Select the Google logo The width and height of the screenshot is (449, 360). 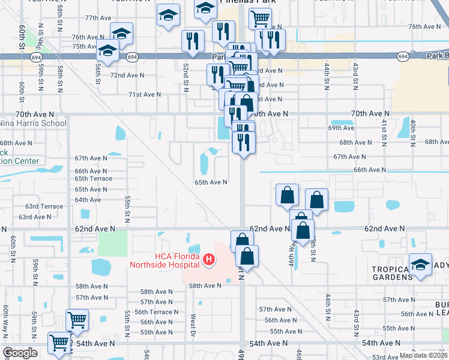20,353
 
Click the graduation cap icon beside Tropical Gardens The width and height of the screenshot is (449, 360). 421,265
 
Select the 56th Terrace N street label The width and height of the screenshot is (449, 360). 156,312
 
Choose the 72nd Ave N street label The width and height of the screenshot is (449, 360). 127,75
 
